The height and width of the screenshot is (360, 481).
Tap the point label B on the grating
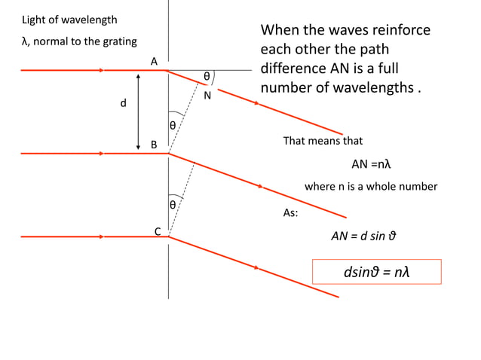153,144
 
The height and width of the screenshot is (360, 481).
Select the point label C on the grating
158,230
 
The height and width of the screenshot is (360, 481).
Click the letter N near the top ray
207,95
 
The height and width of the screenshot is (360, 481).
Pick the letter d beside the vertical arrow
123,102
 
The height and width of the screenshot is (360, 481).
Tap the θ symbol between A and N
207,76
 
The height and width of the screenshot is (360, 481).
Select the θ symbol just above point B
173,125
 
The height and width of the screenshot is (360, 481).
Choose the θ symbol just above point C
173,204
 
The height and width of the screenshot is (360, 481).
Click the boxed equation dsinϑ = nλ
376,271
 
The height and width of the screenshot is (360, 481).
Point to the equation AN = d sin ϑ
363,235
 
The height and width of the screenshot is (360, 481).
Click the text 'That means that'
323,141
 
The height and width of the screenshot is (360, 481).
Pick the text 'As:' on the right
290,213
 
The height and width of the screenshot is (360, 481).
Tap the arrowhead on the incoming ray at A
101,70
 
